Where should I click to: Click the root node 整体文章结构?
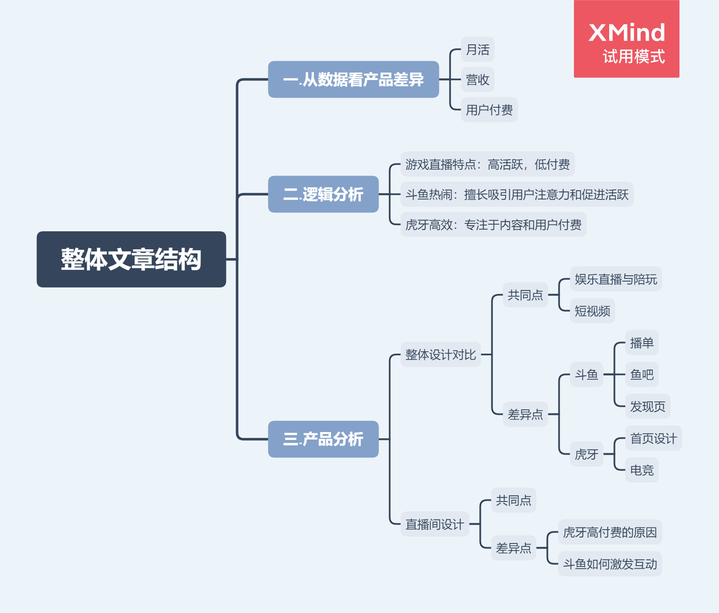tap(131, 259)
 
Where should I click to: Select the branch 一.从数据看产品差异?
tap(353, 80)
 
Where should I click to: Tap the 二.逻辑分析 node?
tap(323, 194)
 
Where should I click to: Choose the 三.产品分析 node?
tap(323, 439)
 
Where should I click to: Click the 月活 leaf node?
tap(478, 49)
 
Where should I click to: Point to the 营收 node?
tap(478, 80)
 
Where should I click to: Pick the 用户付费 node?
tap(489, 110)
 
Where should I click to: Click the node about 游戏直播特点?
tap(487, 164)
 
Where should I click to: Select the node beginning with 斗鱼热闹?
tap(517, 194)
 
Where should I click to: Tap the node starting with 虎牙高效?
tap(493, 225)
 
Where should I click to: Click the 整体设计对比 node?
tap(440, 354)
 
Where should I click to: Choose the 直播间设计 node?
tap(434, 524)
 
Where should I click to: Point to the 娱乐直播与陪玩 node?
tap(615, 279)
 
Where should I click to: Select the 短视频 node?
tap(592, 311)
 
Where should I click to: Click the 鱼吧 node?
tap(641, 374)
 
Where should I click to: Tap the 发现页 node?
tap(647, 406)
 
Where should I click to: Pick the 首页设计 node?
tap(653, 438)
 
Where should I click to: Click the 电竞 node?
tap(641, 470)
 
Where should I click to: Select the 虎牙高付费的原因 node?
tap(610, 532)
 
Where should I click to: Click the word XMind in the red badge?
tap(627, 33)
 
